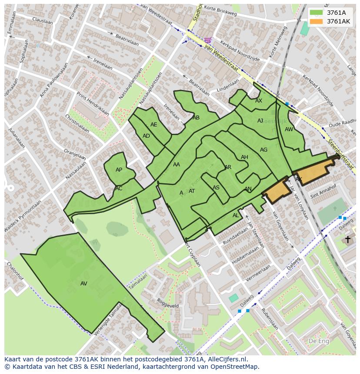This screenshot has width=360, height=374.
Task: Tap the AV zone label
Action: (84, 284)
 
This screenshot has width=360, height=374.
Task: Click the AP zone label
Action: (119, 170)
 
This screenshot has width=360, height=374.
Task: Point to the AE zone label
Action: (154, 125)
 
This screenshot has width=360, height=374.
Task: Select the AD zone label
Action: (146, 136)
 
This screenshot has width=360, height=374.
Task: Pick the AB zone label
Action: (196, 118)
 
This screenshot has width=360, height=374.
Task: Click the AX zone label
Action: (259, 101)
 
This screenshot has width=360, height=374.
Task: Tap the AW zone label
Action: (289, 129)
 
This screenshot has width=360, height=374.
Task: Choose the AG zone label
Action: (263, 150)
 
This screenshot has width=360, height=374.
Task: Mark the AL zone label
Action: (236, 215)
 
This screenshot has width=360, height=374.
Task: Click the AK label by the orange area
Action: (299, 179)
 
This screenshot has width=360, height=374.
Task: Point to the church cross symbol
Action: (347, 239)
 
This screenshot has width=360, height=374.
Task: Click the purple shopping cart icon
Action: (208, 40)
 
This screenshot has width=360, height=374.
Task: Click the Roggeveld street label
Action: (168, 303)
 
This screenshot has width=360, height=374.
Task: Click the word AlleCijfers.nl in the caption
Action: (226, 359)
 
